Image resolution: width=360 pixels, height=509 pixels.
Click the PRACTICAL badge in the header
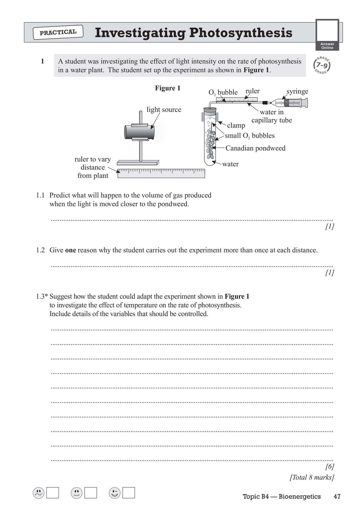tap(58, 32)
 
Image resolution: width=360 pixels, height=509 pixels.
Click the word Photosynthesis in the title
tap(241, 33)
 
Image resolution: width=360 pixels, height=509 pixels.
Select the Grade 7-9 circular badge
tap(322, 65)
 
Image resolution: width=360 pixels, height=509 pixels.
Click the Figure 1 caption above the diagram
tap(167, 88)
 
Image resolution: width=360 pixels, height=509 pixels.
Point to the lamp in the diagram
tap(139, 132)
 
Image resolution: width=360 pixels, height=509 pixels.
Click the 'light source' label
tap(164, 109)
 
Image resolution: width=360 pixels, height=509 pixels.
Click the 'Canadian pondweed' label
tap(255, 148)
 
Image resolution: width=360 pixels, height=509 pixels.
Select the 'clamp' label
tap(236, 125)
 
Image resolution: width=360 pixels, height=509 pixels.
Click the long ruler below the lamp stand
tap(161, 173)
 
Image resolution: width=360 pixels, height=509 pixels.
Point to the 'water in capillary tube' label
tap(271, 116)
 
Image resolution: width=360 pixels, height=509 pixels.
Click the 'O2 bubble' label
tap(223, 92)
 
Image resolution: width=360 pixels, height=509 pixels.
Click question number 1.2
tap(40, 250)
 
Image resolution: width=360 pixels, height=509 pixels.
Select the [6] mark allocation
tap(329, 466)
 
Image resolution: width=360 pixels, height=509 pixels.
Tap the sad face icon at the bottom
tap(38, 493)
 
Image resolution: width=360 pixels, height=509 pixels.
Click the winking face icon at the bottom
tap(115, 493)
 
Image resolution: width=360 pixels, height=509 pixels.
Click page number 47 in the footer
tap(337, 496)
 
